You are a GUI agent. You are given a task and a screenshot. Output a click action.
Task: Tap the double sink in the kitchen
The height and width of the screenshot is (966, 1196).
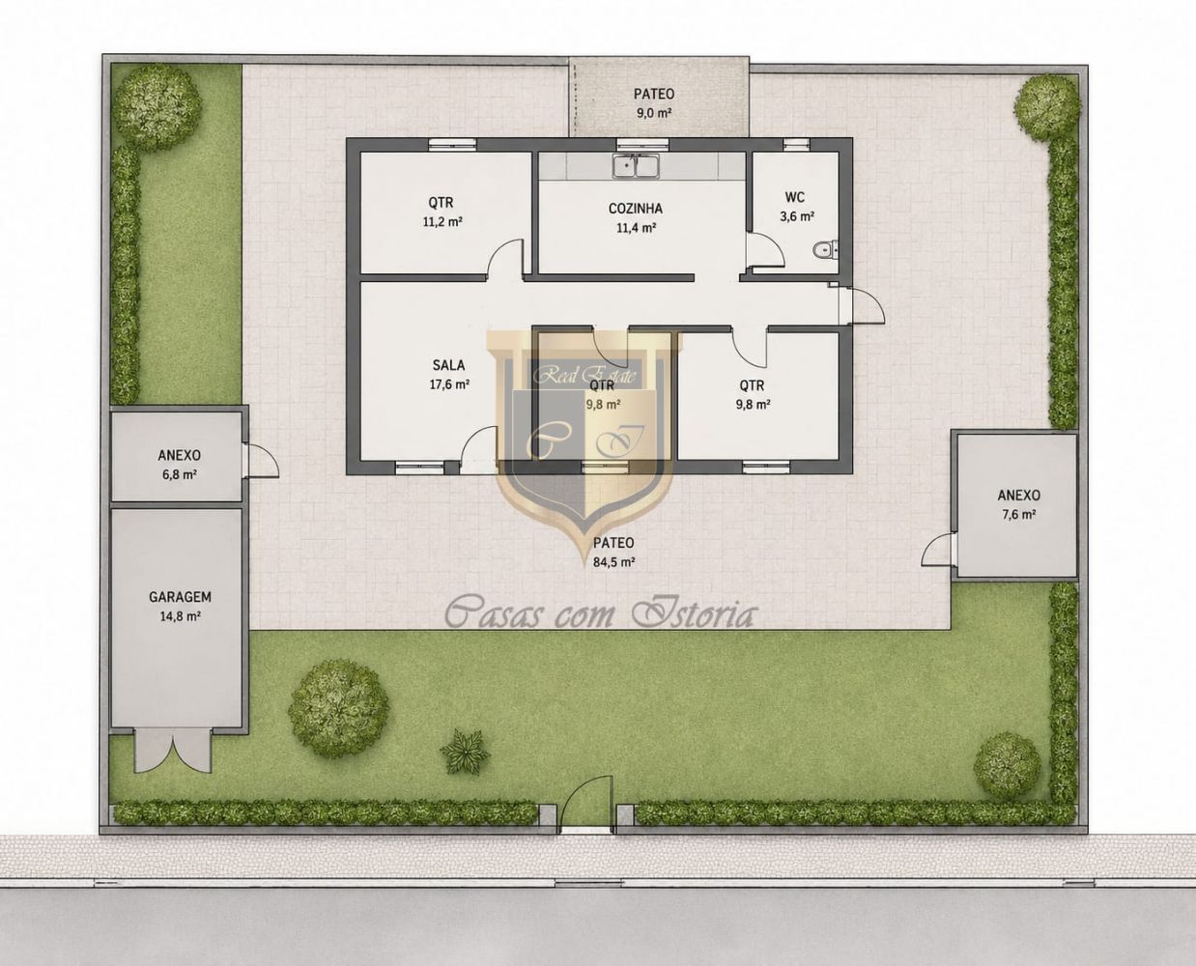(637, 165)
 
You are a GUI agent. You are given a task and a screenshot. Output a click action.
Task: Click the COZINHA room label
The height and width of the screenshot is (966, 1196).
(635, 209)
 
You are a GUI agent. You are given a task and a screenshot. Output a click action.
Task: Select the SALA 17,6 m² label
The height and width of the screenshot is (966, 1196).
(449, 375)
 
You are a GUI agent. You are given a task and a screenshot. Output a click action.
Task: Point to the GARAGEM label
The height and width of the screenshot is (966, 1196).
(180, 597)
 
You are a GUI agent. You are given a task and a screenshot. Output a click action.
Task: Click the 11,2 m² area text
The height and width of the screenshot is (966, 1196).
(442, 222)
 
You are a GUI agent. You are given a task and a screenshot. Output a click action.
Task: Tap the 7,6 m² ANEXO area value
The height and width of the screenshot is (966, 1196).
(1018, 514)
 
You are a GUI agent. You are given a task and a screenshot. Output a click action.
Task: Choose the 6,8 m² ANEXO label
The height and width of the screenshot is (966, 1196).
(179, 465)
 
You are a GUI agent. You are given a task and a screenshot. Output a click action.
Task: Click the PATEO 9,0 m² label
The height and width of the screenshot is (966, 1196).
(654, 103)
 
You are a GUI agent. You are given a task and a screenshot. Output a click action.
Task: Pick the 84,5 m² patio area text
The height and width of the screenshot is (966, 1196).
(613, 561)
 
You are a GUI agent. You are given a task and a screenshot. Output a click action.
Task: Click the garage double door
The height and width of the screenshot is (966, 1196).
(174, 751)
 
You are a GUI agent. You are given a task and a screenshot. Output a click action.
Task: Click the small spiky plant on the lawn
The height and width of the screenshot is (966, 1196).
(465, 751)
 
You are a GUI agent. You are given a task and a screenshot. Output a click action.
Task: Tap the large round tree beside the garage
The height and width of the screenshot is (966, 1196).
(338, 708)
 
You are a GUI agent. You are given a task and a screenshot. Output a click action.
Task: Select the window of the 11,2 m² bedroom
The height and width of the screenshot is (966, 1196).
(452, 144)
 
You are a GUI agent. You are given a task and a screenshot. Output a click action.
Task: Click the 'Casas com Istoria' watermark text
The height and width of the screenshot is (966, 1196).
(599, 613)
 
